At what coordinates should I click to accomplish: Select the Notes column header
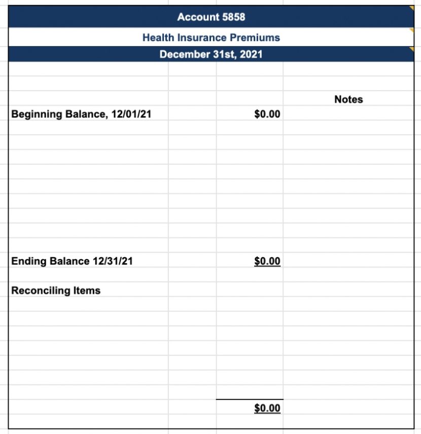[x=348, y=99]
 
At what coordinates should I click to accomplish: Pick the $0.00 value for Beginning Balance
[x=267, y=114]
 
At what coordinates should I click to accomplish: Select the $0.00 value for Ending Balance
[x=267, y=261]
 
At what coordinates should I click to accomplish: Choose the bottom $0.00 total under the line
[x=267, y=408]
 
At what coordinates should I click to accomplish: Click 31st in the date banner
[x=224, y=54]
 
